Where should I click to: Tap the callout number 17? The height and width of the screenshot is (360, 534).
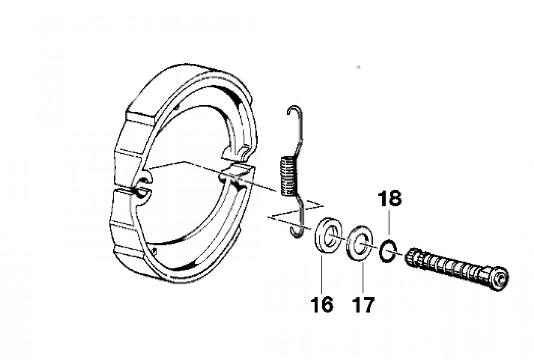[363, 304]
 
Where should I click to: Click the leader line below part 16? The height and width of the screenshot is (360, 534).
[321, 274]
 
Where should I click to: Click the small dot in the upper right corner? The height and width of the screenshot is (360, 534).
[358, 67]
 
